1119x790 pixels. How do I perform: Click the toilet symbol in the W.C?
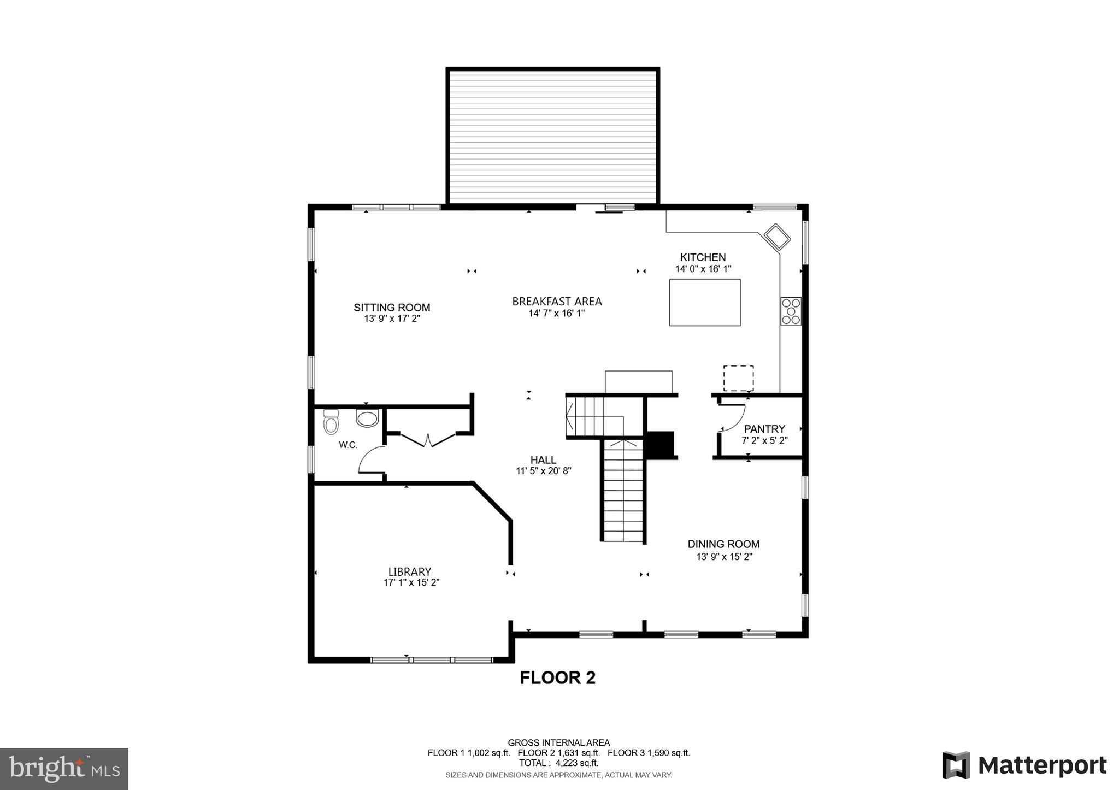click(x=331, y=422)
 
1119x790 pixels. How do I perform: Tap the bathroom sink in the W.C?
click(x=367, y=418)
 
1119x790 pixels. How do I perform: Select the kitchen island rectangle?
click(x=705, y=302)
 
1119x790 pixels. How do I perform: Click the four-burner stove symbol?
click(x=791, y=311)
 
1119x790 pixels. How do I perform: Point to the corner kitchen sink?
click(x=777, y=237)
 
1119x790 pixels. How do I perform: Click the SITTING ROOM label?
click(x=392, y=308)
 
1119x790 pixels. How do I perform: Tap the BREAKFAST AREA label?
click(x=557, y=302)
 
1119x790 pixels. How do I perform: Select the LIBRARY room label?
click(x=410, y=571)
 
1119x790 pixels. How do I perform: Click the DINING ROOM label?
click(x=723, y=544)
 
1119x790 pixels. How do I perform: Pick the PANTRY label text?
click(x=764, y=429)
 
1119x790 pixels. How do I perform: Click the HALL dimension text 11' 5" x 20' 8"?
click(x=544, y=471)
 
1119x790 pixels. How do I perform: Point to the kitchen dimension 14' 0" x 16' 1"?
click(x=703, y=269)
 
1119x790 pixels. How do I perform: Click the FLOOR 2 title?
click(x=557, y=678)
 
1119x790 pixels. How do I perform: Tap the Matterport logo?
click(x=1024, y=765)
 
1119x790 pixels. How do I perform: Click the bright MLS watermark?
click(x=64, y=769)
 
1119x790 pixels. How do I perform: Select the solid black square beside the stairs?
click(x=661, y=445)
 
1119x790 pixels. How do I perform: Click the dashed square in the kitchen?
click(x=738, y=378)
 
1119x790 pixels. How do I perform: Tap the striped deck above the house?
click(x=552, y=137)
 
